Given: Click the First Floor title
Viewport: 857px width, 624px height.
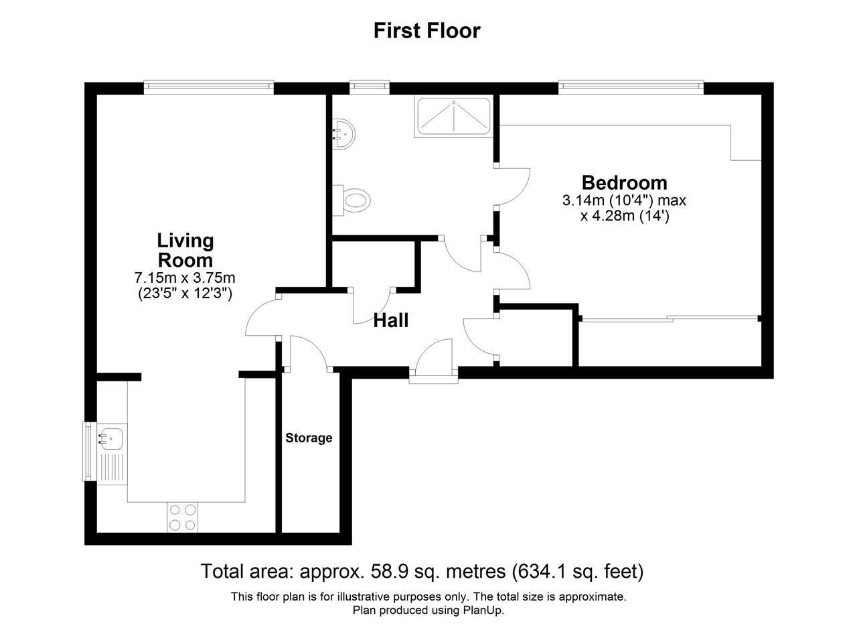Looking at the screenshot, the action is point(426,31).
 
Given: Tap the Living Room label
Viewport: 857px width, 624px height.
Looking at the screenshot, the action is point(185,250).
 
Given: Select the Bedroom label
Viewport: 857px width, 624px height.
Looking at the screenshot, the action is point(625,183).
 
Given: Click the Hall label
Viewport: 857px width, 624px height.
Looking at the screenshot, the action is point(390,320).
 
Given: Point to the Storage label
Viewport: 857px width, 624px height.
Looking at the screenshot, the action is point(309,438).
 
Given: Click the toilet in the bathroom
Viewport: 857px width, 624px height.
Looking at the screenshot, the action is point(352,200).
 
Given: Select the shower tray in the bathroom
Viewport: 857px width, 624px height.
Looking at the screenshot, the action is point(454,117).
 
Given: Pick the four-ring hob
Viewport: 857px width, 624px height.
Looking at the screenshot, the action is point(183,517).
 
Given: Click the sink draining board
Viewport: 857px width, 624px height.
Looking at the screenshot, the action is point(112,468).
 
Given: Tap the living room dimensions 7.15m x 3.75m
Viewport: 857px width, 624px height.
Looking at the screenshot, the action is point(185,277).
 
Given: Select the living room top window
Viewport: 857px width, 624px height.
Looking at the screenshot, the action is point(209,87).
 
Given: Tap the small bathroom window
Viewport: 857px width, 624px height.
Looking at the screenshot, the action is point(370,87).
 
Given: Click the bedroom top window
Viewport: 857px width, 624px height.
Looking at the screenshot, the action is point(631,87).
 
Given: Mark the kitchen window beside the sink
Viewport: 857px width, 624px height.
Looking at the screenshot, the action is point(90,451).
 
